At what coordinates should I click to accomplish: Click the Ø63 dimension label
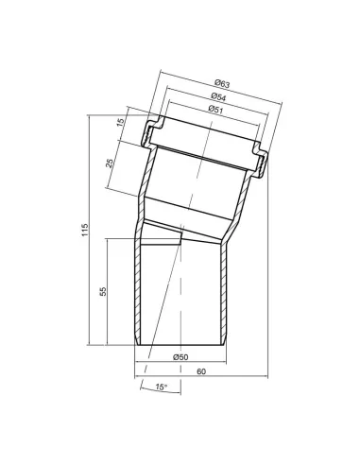point(222,84)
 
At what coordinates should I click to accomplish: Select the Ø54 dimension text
point(218,96)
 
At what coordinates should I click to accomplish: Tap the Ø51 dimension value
point(215,110)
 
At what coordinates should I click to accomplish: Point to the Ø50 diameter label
point(180,357)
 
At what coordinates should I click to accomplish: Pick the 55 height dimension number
point(103,291)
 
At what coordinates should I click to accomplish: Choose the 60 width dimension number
point(201,371)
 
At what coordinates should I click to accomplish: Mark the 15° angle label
point(161,387)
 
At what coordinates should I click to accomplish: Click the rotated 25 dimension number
point(111,164)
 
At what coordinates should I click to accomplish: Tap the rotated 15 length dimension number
point(121,122)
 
